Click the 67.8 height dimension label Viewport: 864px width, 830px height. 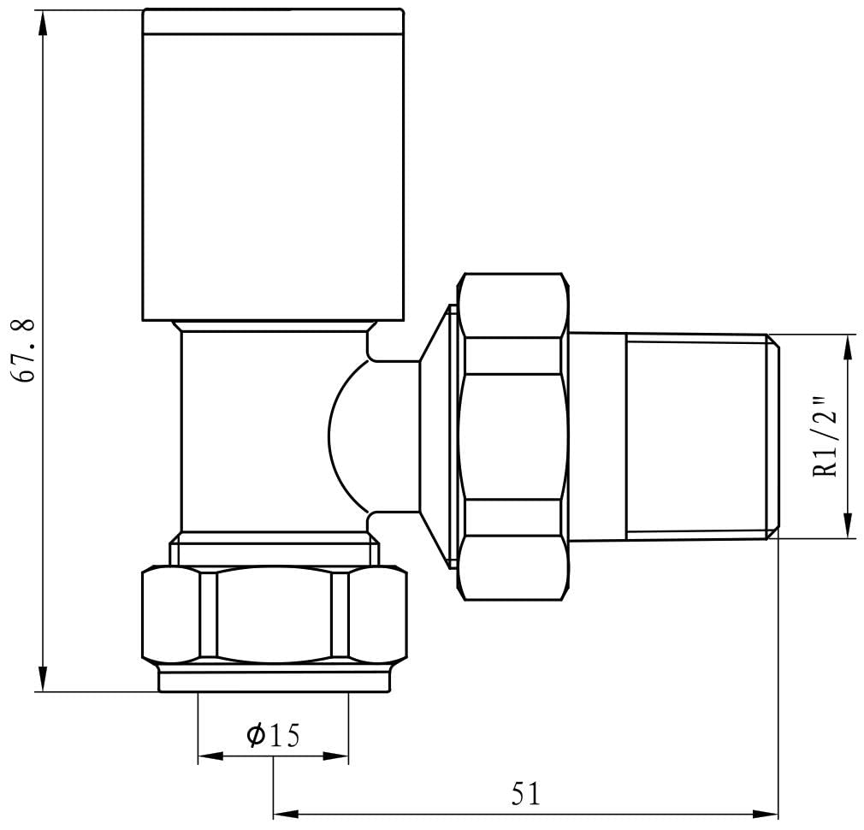pos(24,351)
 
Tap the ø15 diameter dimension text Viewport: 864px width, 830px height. pos(273,735)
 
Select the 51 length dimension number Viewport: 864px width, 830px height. pos(526,794)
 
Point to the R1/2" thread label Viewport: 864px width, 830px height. pos(826,436)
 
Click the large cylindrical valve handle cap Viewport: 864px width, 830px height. pos(273,165)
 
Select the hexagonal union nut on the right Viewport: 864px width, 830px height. pos(513,436)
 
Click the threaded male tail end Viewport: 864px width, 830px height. pos(702,436)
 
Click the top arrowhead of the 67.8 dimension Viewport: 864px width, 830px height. pos(43,22)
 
